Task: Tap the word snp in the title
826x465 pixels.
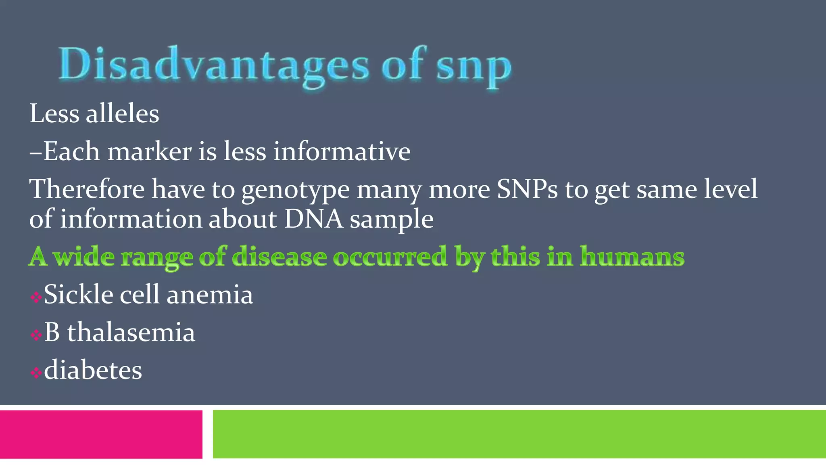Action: (474, 67)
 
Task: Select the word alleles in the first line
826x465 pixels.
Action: (123, 114)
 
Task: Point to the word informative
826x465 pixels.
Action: (342, 152)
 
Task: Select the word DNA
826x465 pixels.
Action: (313, 219)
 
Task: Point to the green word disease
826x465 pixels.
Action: (280, 257)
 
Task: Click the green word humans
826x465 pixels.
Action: (632, 257)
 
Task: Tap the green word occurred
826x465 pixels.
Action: (390, 257)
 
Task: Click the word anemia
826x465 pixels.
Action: (210, 295)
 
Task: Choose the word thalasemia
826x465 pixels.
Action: (131, 332)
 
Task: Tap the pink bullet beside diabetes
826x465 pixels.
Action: (36, 373)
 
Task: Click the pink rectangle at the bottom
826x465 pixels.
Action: (101, 434)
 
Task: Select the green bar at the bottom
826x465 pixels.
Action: (519, 434)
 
